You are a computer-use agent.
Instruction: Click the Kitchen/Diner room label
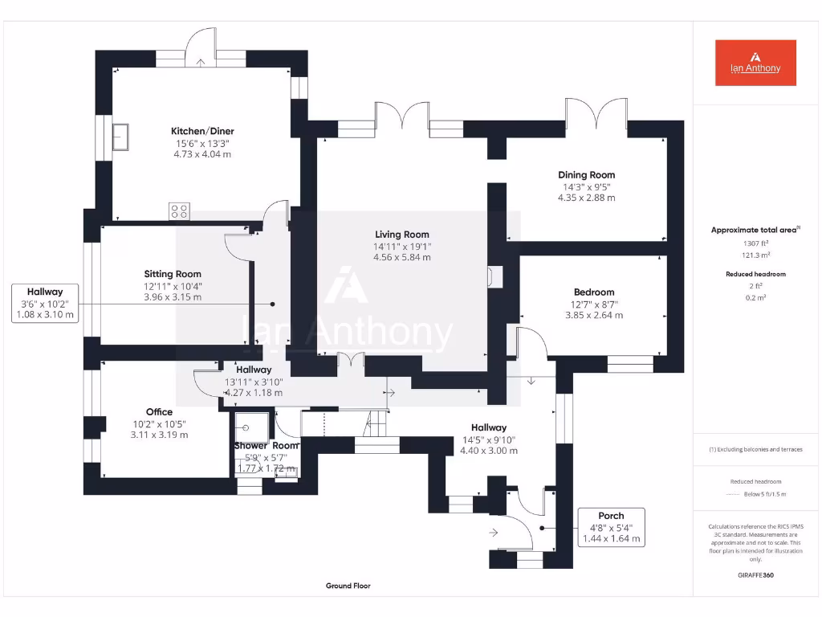pyautogui.click(x=202, y=131)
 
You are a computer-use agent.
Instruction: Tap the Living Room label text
pyautogui.click(x=401, y=235)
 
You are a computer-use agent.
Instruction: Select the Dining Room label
pyautogui.click(x=586, y=174)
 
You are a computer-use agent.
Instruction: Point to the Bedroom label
pyautogui.click(x=594, y=292)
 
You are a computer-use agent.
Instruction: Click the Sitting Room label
pyautogui.click(x=173, y=274)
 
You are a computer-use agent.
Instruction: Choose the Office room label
pyautogui.click(x=159, y=412)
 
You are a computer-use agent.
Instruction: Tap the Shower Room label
pyautogui.click(x=266, y=446)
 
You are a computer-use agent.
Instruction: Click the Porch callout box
pyautogui.click(x=611, y=527)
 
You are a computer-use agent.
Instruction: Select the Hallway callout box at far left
pyautogui.click(x=45, y=303)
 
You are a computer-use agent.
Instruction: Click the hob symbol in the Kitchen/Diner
pyautogui.click(x=179, y=211)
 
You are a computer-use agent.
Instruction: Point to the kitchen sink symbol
pyautogui.click(x=122, y=136)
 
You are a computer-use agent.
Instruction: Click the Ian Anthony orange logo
pyautogui.click(x=755, y=63)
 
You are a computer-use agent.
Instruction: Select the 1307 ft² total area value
pyautogui.click(x=755, y=243)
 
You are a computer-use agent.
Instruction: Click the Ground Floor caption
pyautogui.click(x=348, y=586)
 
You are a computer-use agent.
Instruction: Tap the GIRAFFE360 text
pyautogui.click(x=755, y=575)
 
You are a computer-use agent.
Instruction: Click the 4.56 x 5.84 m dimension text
pyautogui.click(x=401, y=258)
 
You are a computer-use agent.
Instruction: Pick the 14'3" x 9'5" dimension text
pyautogui.click(x=586, y=186)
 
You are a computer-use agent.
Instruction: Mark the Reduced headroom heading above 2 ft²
pyautogui.click(x=755, y=274)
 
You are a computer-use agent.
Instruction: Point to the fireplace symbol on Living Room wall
pyautogui.click(x=490, y=276)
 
